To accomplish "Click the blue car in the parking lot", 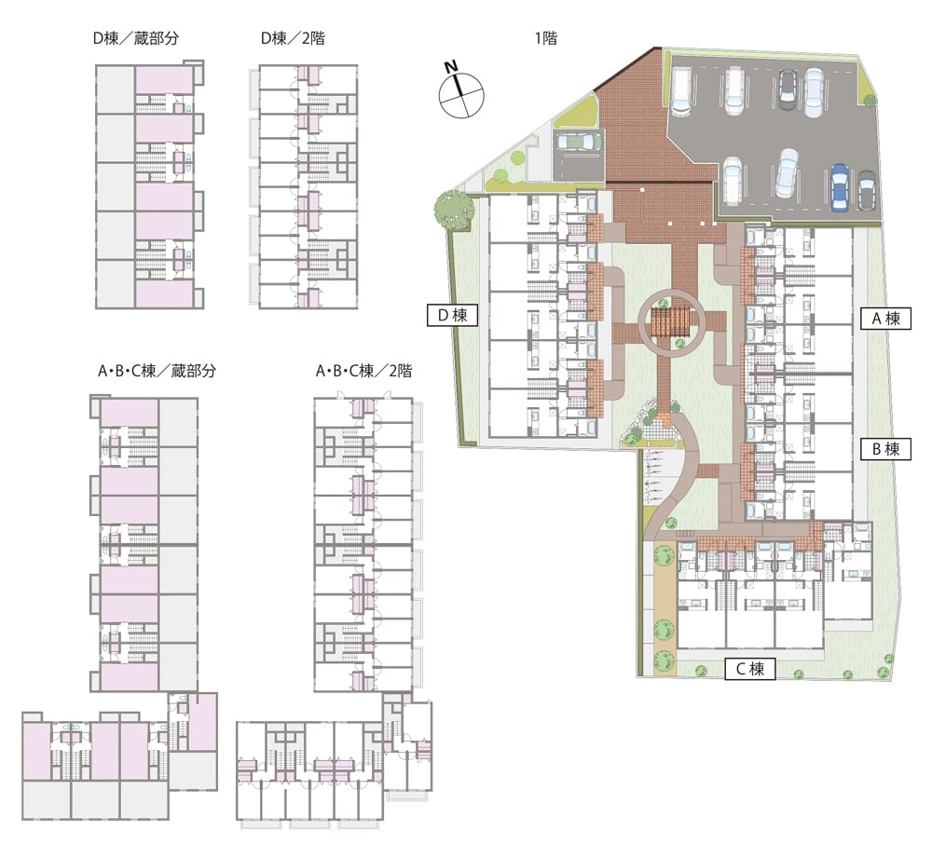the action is [x=839, y=187].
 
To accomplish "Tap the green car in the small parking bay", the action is [x=578, y=142].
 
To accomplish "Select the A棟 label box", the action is [x=885, y=320].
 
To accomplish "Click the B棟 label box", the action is [x=885, y=449].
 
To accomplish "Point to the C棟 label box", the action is [x=750, y=669].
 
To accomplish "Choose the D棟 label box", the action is [x=452, y=315].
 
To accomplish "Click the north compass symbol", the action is [x=461, y=95].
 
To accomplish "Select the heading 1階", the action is [x=545, y=38].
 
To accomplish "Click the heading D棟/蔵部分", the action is [x=135, y=38].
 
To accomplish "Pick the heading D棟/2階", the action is [x=293, y=38].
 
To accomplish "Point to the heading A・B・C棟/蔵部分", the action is [x=157, y=372].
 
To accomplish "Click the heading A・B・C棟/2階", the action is [x=363, y=372].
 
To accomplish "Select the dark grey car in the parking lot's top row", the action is [x=787, y=89].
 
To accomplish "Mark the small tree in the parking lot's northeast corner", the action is [x=870, y=101].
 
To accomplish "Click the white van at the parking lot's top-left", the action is [x=680, y=89].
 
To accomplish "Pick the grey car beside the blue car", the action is [x=867, y=190].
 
